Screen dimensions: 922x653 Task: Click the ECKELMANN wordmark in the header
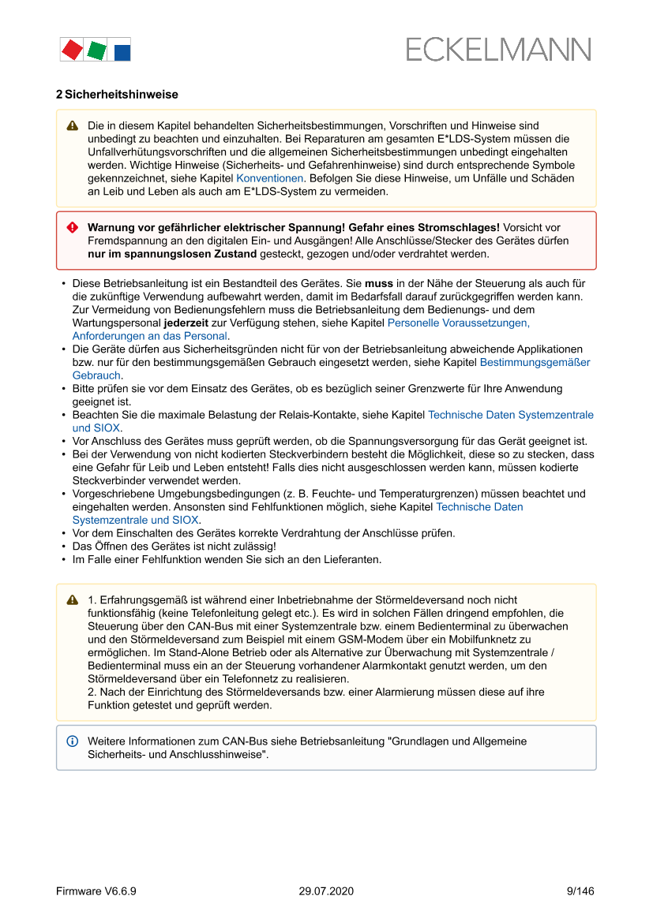(498, 50)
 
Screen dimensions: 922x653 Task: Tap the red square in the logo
(72, 50)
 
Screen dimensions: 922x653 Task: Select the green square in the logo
(96, 50)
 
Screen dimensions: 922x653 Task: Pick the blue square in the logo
(122, 52)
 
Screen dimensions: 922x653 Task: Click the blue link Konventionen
(269, 178)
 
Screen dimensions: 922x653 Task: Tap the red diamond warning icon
(73, 227)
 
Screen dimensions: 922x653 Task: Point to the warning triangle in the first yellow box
(73, 125)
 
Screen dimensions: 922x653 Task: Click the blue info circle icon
(73, 741)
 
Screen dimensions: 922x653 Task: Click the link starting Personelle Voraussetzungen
(458, 323)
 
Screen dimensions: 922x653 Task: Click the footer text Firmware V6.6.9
(96, 891)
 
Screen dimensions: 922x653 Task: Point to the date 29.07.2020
(326, 891)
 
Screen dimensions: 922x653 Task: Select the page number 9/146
(580, 891)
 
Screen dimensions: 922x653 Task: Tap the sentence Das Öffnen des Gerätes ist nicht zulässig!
(174, 546)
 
